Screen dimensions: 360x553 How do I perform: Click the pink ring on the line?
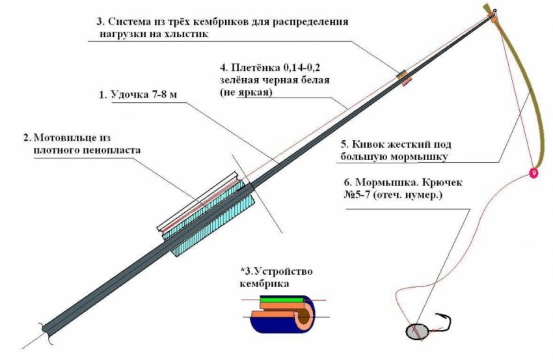(533, 173)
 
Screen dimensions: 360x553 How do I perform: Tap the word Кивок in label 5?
(369, 145)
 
